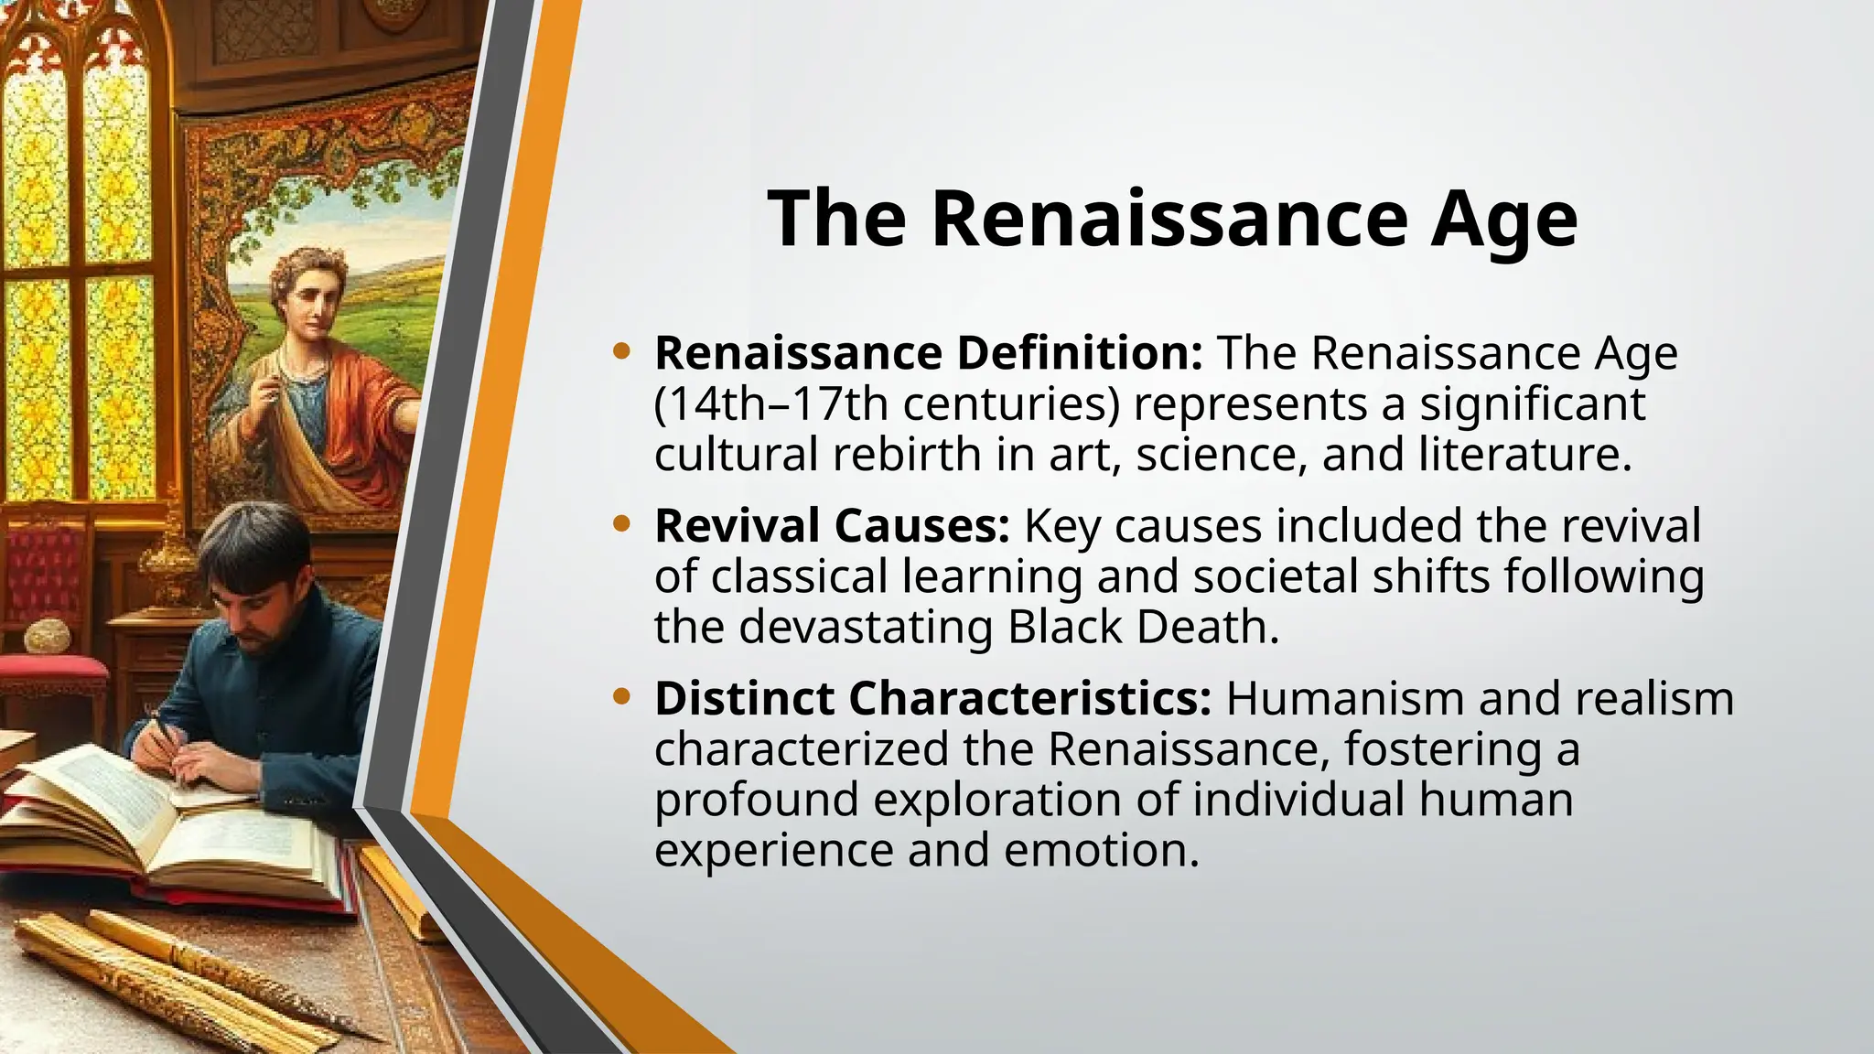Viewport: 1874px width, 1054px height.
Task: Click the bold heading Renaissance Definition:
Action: [x=928, y=353]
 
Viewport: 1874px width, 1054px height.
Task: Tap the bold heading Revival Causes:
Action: [x=832, y=526]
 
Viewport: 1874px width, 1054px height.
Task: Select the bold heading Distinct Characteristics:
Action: [x=932, y=699]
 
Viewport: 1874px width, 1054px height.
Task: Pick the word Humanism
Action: [x=1345, y=699]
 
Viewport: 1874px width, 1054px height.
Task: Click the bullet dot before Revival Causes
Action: [x=622, y=523]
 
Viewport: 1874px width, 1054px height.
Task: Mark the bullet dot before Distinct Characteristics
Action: [x=622, y=696]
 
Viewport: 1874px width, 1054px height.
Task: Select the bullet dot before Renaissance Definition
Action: [x=622, y=350]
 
